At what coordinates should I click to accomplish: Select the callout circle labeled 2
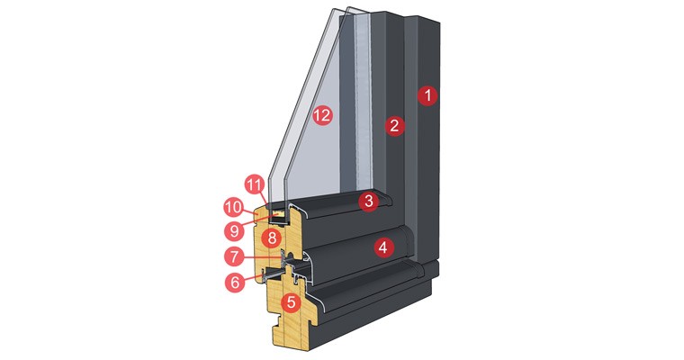(x=393, y=126)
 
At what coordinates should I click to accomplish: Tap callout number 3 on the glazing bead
(x=367, y=202)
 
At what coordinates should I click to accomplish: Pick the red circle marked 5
(x=290, y=302)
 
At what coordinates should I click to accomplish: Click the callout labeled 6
(x=235, y=282)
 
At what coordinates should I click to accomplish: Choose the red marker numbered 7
(x=235, y=256)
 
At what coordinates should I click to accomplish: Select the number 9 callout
(x=235, y=229)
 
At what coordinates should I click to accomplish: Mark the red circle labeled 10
(x=234, y=206)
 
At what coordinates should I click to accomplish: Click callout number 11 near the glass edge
(x=254, y=185)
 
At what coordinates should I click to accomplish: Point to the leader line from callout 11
(x=263, y=197)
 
